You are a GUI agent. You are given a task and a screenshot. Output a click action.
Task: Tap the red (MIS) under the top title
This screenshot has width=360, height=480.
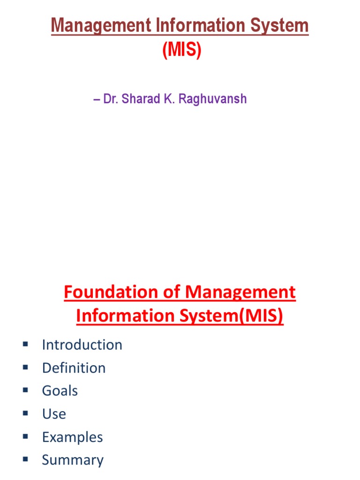click(x=182, y=50)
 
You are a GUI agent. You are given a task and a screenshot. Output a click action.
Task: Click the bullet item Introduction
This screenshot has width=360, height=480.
click(x=82, y=345)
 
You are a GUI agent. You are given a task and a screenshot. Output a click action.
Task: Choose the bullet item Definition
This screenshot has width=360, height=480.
click(x=74, y=367)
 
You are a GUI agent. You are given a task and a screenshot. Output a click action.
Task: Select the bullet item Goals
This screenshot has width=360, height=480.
click(x=60, y=390)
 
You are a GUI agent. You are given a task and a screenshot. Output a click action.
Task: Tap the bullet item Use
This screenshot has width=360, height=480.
click(x=54, y=413)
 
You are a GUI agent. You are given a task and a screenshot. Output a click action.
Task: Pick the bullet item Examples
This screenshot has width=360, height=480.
click(x=72, y=437)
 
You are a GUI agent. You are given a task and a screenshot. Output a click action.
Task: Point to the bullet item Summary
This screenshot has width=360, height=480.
click(x=73, y=460)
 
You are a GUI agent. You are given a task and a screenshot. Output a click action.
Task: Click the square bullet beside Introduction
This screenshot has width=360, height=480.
click(x=25, y=345)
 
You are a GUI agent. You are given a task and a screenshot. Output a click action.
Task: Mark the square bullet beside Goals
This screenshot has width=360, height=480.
click(x=25, y=390)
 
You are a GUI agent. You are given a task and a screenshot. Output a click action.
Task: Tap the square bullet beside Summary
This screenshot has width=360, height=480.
click(x=25, y=460)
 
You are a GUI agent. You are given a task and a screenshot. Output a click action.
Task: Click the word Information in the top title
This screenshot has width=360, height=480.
click(x=187, y=26)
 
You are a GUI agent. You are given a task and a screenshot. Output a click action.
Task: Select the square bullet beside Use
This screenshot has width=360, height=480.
click(x=25, y=413)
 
